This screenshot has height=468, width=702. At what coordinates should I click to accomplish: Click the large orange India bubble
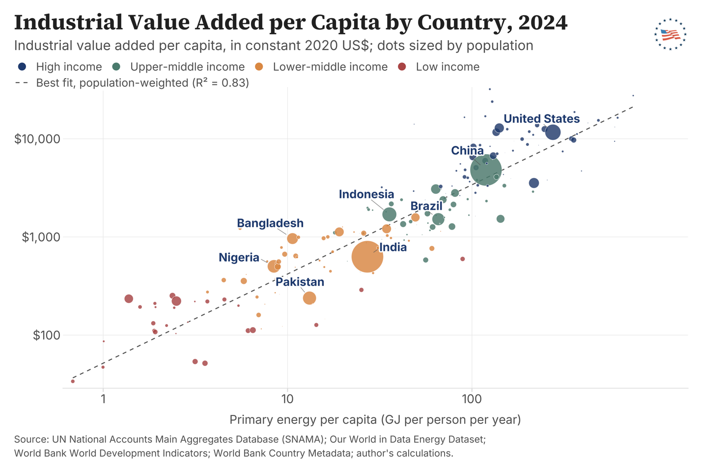[367, 257]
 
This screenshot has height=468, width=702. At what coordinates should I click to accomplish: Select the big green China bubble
[486, 170]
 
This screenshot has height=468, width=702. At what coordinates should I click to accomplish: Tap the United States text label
[541, 119]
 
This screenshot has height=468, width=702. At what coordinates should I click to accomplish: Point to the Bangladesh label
[270, 223]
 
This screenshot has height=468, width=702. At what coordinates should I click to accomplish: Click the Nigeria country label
[239, 257]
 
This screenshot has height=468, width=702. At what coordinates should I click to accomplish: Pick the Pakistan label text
[300, 281]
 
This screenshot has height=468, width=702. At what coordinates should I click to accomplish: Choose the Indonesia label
[366, 194]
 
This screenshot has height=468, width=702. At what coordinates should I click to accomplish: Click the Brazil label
[426, 206]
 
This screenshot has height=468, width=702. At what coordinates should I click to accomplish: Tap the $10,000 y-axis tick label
[37, 139]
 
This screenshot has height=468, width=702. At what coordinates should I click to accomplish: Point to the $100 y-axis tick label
[46, 335]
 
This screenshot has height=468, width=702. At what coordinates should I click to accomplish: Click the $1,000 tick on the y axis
[41, 237]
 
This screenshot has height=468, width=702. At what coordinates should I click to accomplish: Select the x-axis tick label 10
[287, 399]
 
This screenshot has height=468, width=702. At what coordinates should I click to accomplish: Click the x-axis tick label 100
[472, 399]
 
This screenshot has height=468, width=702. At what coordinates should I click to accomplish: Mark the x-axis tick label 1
[103, 399]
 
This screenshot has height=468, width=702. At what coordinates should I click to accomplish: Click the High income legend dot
[22, 66]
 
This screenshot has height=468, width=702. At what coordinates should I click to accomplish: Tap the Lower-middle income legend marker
[259, 66]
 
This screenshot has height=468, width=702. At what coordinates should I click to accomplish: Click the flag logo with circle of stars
[671, 34]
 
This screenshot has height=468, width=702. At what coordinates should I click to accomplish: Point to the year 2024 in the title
[543, 22]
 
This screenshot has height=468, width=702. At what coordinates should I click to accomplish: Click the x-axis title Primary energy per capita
[375, 419]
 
